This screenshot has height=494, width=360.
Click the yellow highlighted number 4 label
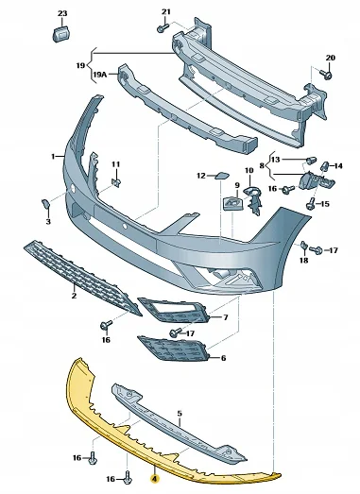(x=154, y=479)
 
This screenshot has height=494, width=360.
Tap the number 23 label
(x=62, y=13)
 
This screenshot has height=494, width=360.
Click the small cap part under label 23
(x=61, y=34)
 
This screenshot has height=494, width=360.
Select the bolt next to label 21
(x=163, y=28)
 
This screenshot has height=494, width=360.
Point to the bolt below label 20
(x=326, y=74)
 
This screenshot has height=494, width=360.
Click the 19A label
(x=98, y=75)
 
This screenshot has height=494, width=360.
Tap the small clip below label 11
(x=116, y=182)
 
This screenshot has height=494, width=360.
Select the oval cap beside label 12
(x=222, y=175)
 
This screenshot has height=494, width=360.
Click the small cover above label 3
(x=45, y=204)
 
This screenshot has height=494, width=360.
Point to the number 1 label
(x=53, y=156)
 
